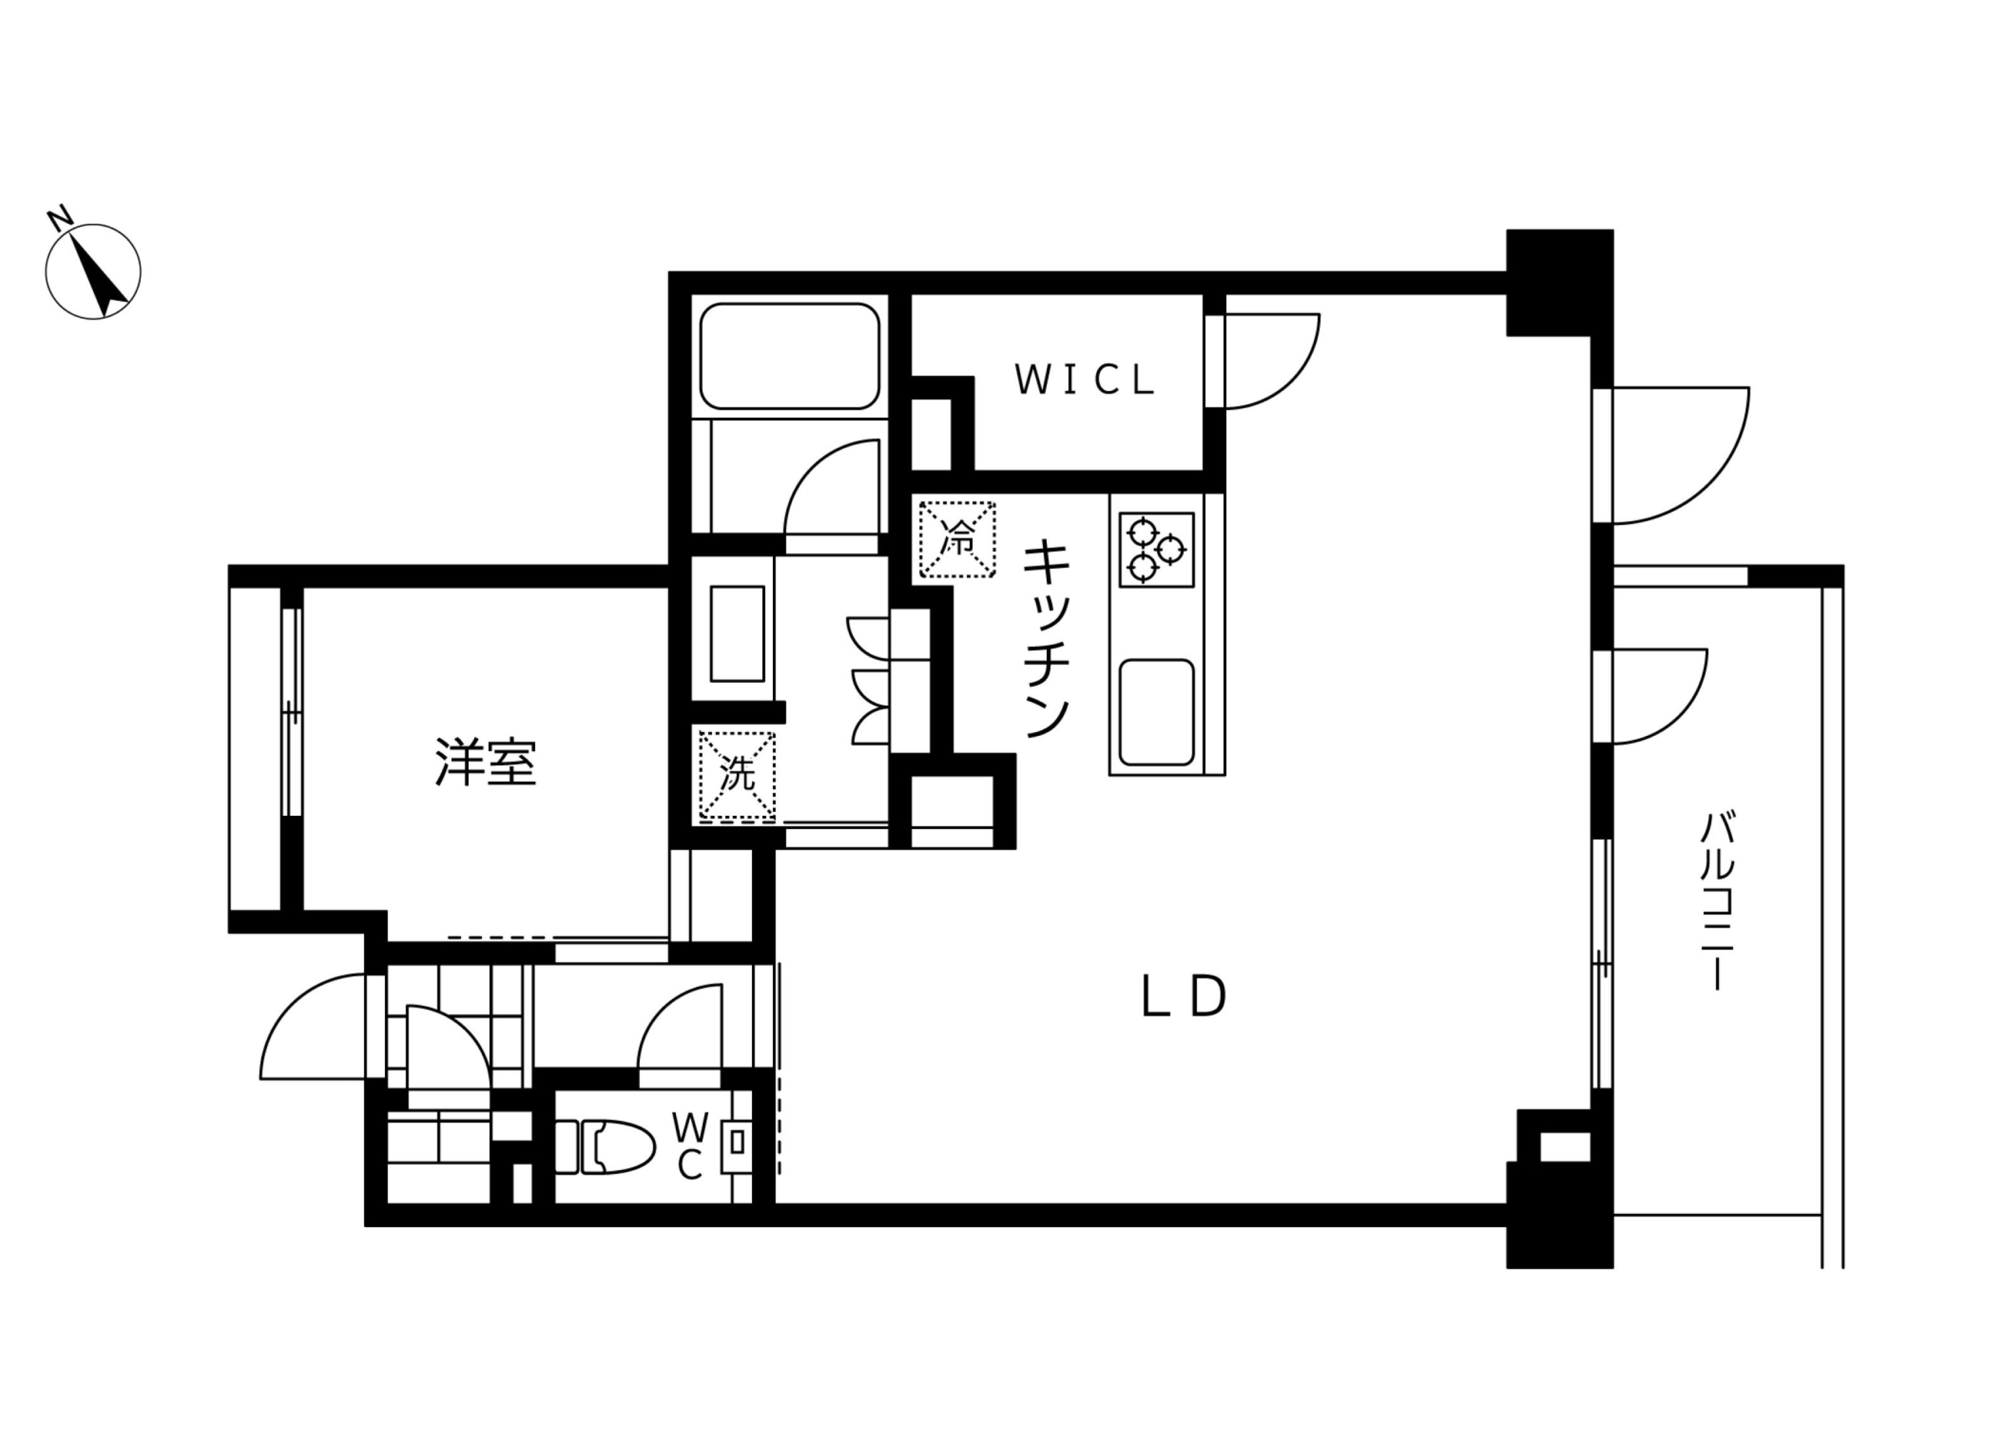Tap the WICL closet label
pyautogui.click(x=1085, y=379)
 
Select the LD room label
pyautogui.click(x=1184, y=997)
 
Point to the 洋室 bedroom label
pyautogui.click(x=486, y=761)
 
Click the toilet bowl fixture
pyautogui.click(x=606, y=1147)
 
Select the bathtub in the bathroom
pyautogui.click(x=789, y=356)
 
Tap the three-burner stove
pyautogui.click(x=1156, y=549)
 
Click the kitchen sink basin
pyautogui.click(x=1156, y=713)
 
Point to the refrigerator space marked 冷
pyautogui.click(x=958, y=539)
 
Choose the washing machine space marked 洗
pyautogui.click(x=736, y=774)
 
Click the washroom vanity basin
pyautogui.click(x=736, y=634)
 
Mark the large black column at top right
pyautogui.click(x=1559, y=282)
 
